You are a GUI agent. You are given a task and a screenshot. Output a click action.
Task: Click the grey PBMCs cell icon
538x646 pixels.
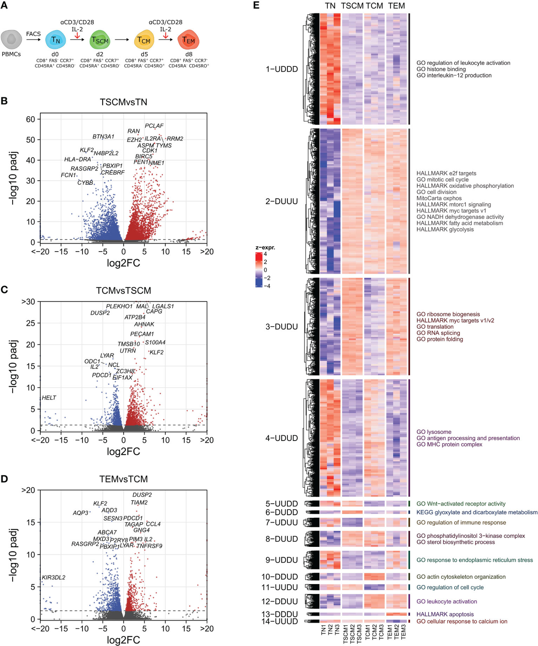click(x=11, y=39)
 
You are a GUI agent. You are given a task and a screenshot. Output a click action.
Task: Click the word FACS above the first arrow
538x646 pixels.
click(x=33, y=34)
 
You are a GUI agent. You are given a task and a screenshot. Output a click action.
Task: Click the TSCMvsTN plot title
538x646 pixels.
click(x=123, y=102)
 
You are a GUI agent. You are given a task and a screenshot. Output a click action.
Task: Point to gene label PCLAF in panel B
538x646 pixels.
click(x=154, y=126)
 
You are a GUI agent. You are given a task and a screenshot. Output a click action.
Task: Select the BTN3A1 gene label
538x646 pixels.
click(x=103, y=136)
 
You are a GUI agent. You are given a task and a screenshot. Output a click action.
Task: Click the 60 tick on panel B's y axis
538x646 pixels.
click(x=30, y=119)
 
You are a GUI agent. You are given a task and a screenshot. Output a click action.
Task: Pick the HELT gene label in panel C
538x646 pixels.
click(x=49, y=397)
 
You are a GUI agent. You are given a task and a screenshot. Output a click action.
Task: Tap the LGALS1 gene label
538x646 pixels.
click(x=163, y=306)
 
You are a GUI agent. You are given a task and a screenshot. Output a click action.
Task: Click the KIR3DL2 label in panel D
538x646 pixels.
click(x=53, y=577)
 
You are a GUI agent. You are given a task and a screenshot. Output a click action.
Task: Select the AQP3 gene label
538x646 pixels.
click(x=81, y=513)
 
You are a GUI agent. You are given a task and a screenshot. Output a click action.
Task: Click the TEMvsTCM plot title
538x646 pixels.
click(x=123, y=479)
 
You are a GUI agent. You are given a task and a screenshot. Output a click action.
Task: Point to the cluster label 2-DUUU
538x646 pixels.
click(x=281, y=201)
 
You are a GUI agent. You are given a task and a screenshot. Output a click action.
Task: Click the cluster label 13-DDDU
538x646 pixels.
click(x=281, y=614)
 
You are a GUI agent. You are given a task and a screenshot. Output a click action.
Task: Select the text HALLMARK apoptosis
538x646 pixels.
click(x=445, y=614)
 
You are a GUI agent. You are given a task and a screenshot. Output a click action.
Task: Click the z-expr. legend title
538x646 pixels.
click(x=265, y=248)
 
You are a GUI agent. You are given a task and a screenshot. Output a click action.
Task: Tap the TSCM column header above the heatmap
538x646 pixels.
click(x=352, y=6)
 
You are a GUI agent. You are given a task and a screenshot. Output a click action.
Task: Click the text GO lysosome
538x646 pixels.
click(x=434, y=432)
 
